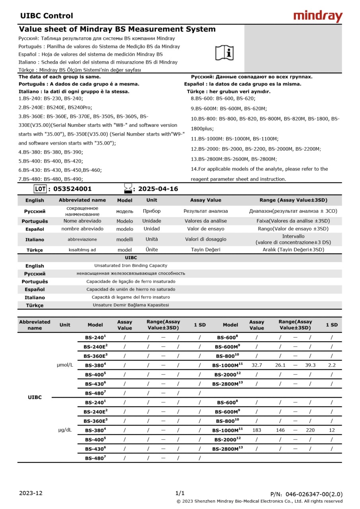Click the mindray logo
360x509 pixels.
click(317, 16)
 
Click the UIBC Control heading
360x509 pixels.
click(47, 16)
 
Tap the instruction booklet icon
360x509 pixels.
click(225, 52)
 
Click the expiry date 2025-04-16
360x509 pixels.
click(158, 189)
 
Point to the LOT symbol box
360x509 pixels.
click(40, 189)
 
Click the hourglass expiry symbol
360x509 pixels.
click(128, 188)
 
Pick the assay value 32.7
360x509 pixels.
click(257, 365)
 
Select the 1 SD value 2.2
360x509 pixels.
click(332, 365)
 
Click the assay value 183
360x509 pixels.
click(257, 430)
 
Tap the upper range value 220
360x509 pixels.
click(310, 430)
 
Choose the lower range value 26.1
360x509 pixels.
click(280, 365)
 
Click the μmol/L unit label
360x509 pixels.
click(65, 365)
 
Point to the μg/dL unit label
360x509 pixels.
click(65, 430)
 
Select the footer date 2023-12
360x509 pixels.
click(31, 493)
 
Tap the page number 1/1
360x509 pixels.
click(180, 493)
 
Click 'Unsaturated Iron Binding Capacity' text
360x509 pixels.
click(130, 265)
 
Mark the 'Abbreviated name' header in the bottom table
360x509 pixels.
click(35, 325)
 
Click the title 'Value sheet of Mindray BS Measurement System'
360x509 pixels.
click(117, 29)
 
